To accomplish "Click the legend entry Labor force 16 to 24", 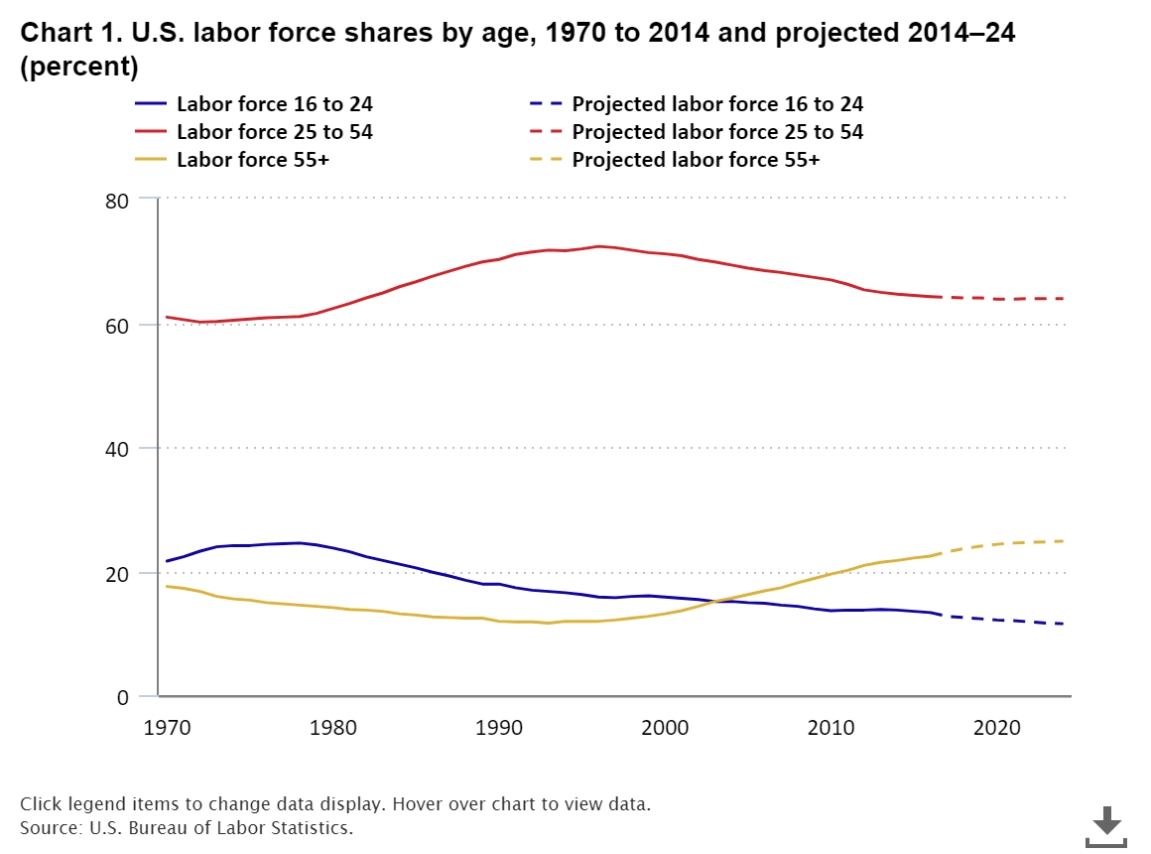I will pos(275,104).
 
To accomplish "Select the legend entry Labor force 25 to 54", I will pos(275,132).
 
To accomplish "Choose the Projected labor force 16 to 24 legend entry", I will pos(717,104).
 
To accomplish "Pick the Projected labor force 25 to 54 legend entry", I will pos(717,132).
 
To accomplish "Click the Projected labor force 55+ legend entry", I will pos(696,159).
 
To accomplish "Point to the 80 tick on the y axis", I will pos(117,201).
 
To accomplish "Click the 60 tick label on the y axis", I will pos(117,325).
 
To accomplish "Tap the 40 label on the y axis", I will pos(117,449).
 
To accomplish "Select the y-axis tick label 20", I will pos(117,574).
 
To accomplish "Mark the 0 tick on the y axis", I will pos(123,698).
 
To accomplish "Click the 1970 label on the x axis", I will pos(166,728).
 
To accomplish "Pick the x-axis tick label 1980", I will pos(332,728).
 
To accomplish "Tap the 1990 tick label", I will pos(498,728).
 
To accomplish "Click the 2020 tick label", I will pos(997,728).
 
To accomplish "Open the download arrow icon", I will pos(1106,824).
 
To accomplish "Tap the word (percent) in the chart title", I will pos(79,69).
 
